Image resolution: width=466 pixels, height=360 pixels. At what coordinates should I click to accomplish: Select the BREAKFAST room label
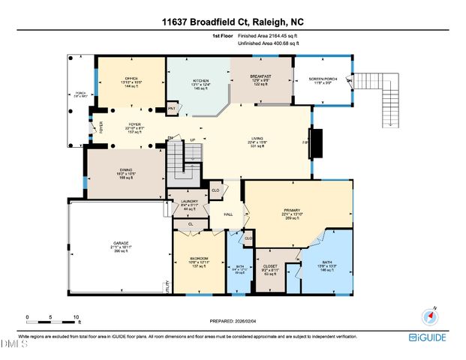click(x=260, y=76)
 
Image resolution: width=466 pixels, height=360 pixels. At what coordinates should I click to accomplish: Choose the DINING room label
click(x=125, y=171)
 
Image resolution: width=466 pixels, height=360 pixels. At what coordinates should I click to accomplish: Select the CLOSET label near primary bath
click(x=270, y=266)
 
